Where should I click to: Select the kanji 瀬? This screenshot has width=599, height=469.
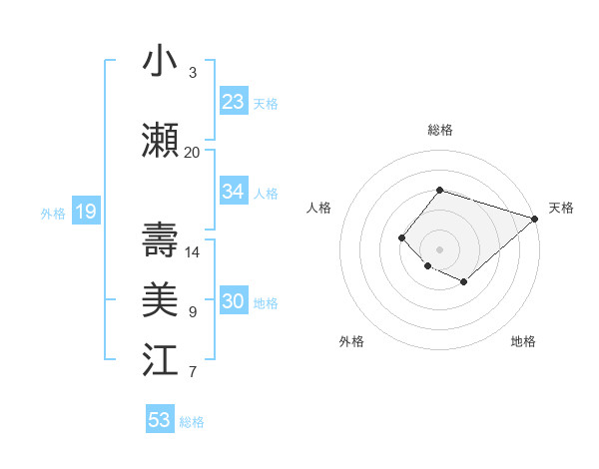click(161, 141)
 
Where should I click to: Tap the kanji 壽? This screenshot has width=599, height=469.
click(161, 240)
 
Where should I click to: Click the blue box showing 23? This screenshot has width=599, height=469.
click(234, 101)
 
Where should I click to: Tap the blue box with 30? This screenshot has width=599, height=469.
click(234, 302)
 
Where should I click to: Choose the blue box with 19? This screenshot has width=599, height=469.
click(85, 212)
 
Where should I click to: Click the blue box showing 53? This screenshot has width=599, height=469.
click(160, 420)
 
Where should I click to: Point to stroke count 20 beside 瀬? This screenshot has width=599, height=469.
click(192, 153)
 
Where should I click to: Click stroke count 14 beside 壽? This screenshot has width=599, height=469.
click(192, 252)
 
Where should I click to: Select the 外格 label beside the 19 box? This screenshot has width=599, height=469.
click(52, 213)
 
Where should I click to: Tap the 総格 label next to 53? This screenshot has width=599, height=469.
click(192, 422)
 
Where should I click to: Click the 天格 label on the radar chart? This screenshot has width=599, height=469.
click(561, 208)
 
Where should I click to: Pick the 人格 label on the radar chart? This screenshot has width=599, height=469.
click(318, 208)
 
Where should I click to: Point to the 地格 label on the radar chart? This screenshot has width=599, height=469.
click(523, 341)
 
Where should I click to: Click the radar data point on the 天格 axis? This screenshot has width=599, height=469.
click(536, 219)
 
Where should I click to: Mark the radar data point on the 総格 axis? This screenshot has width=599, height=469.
click(439, 190)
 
